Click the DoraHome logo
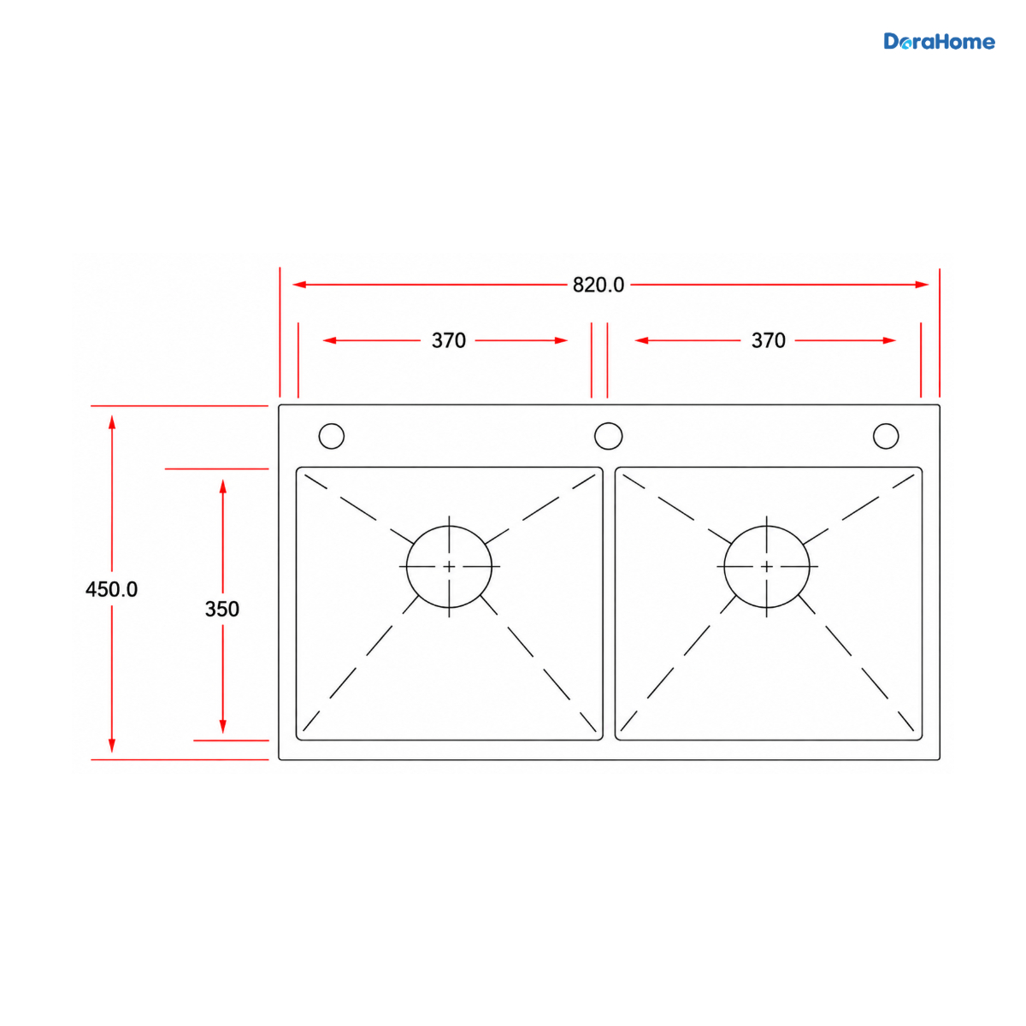pos(939,42)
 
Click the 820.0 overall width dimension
pos(598,285)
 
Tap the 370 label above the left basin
pos(448,340)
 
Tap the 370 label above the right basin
pos(768,340)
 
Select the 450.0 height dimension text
pos(112,589)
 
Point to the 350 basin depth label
pos(222,609)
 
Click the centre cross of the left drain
pos(449,567)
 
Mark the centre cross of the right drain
pos(766,567)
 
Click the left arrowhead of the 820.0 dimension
pos(299,285)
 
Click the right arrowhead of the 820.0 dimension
pos(922,285)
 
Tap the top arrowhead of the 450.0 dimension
pos(112,422)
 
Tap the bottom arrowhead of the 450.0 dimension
pos(112,746)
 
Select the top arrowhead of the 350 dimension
pos(222,486)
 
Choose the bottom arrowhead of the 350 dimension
pos(222,726)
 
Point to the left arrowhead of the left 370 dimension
pos(329,340)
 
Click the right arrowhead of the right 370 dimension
pos(889,340)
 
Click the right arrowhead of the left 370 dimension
pos(561,340)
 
